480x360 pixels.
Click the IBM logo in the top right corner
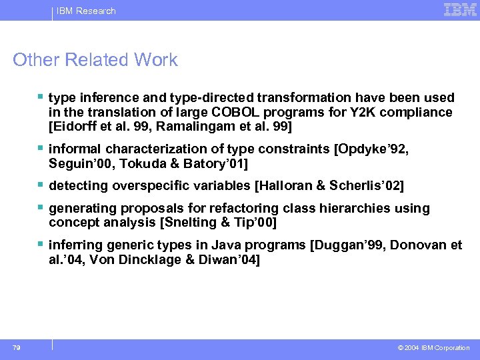click(460, 10)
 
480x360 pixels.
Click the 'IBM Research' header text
click(86, 11)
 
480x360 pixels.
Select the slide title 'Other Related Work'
click(95, 60)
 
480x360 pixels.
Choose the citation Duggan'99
click(347, 245)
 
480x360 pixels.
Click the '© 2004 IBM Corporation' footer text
click(433, 347)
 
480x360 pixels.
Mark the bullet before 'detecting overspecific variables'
click(42, 185)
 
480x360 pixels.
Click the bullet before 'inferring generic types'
click(42, 245)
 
